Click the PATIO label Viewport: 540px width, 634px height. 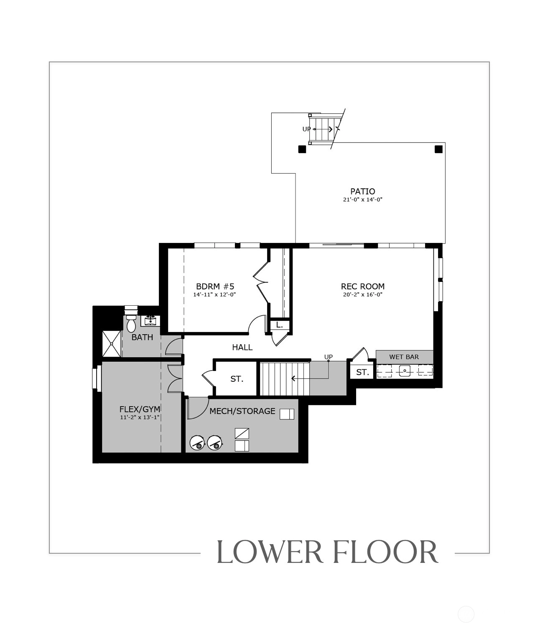362,192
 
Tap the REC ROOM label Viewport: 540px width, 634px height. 362,286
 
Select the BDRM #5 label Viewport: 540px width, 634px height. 215,286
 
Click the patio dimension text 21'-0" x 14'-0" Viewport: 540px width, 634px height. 362,199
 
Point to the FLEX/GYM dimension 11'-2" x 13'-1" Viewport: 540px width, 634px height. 140,417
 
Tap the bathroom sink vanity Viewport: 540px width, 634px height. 150,321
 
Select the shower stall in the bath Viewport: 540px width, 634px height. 112,344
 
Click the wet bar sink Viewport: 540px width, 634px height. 405,371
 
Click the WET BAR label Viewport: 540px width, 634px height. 404,357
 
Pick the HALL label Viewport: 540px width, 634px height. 242,347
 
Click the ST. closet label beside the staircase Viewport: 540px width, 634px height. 237,379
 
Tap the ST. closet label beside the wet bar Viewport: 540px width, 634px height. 362,372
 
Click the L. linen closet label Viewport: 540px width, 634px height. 279,325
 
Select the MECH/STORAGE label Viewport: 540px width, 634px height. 242,411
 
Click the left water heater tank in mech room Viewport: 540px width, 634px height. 197,443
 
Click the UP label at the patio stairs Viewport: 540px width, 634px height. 306,129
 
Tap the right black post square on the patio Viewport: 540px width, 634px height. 438,149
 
